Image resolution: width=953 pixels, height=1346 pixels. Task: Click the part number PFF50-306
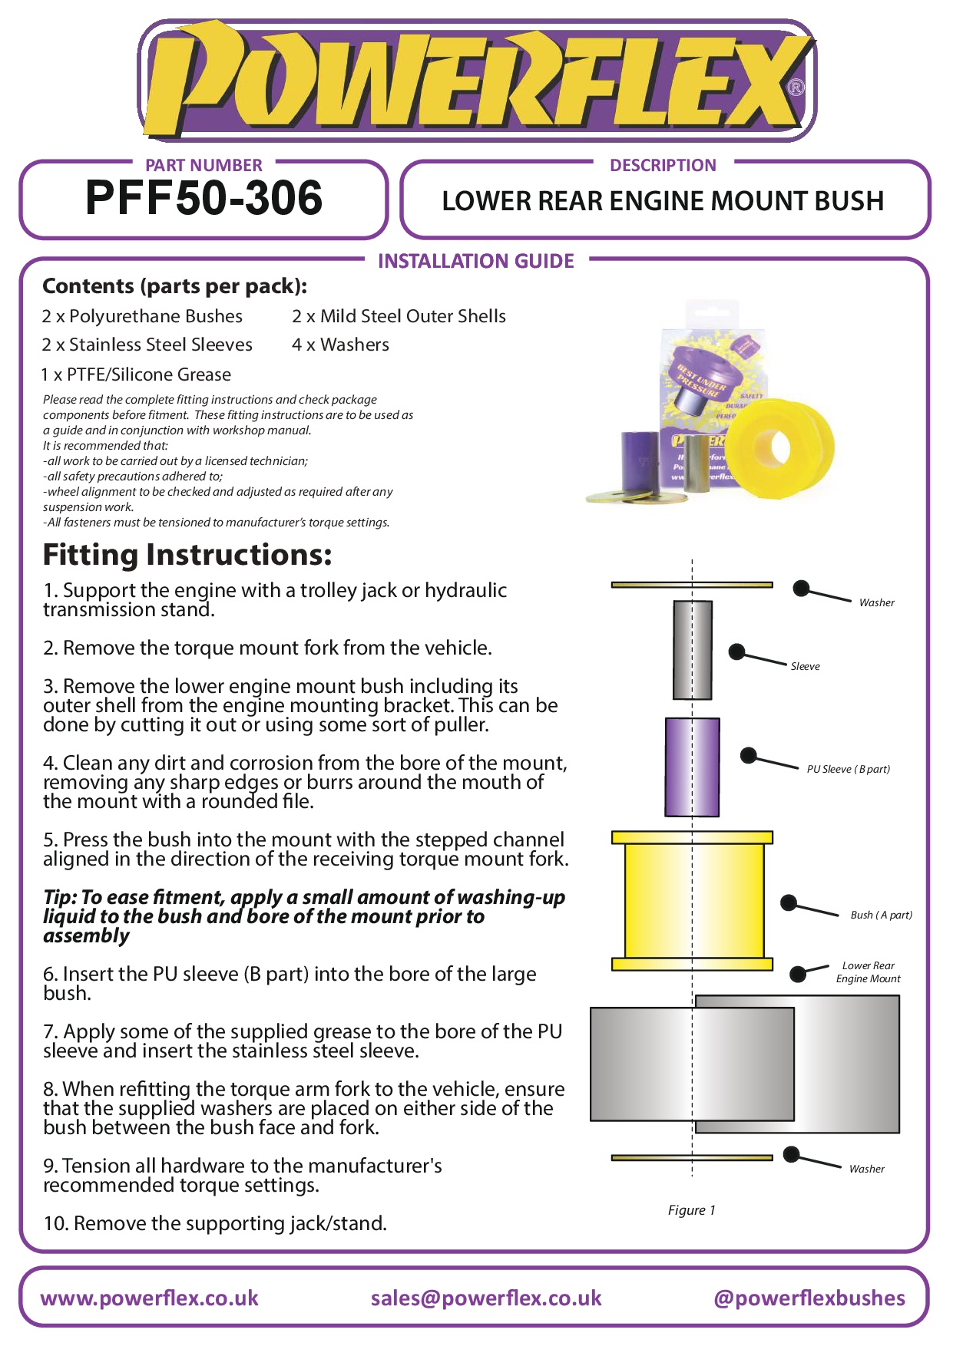204,198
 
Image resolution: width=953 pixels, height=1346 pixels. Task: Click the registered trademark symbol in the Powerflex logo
796,87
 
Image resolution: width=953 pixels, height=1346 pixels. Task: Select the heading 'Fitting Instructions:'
187,554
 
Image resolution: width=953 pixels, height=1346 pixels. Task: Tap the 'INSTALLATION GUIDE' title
475,261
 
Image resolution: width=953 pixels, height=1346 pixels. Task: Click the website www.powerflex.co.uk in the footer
149,1298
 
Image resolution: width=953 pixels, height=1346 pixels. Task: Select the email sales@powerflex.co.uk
485,1298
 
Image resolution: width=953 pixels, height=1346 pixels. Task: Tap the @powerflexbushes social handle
809,1298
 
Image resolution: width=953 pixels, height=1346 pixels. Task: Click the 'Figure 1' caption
691,1210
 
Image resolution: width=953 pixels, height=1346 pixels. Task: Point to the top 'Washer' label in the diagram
876,602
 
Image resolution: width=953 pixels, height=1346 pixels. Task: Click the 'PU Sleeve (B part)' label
848,769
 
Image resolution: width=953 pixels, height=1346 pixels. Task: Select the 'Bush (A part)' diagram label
881,915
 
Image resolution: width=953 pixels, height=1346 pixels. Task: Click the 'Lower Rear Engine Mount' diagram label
868,972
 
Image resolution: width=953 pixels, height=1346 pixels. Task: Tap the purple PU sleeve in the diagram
692,767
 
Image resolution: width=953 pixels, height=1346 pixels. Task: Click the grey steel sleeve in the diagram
692,650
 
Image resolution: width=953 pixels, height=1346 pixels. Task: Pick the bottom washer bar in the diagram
691,1157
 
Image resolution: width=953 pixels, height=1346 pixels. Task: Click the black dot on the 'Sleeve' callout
736,652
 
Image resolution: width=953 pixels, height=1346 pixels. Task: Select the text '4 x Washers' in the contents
340,345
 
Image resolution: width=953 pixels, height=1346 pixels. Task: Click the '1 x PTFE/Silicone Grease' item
136,374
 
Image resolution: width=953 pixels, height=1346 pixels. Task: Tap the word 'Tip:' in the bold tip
60,897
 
